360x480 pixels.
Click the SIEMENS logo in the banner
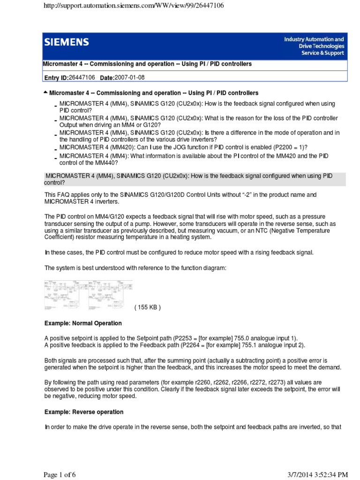click(67, 43)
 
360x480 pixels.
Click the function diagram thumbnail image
click(88, 295)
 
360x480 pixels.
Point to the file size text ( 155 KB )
click(147, 307)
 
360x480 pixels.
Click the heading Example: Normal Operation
click(83, 323)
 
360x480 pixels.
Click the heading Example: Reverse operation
click(84, 412)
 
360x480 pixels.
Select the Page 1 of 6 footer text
click(60, 475)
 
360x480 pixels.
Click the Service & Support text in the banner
click(322, 53)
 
